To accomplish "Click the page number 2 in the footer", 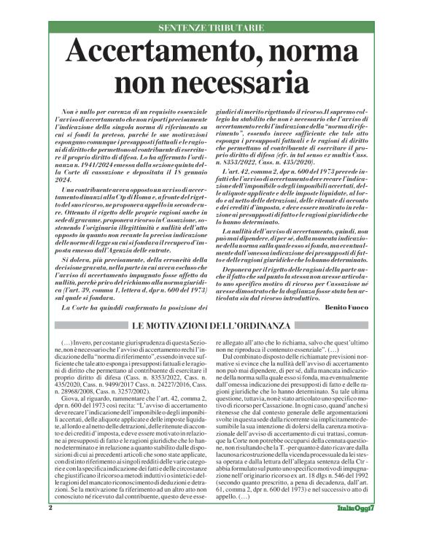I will [x=51, y=527].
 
